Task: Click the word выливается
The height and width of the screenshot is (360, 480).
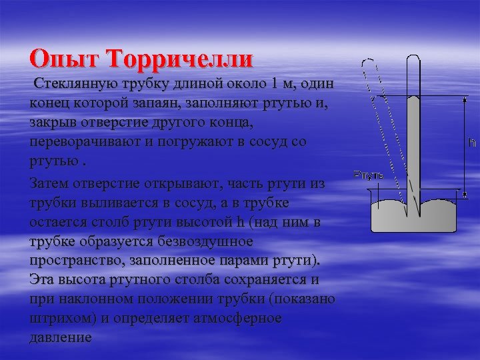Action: click(112, 202)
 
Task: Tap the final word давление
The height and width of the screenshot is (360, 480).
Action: click(61, 337)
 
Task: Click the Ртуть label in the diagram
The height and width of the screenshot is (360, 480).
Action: click(369, 175)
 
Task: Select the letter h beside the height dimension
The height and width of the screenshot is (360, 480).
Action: click(472, 143)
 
